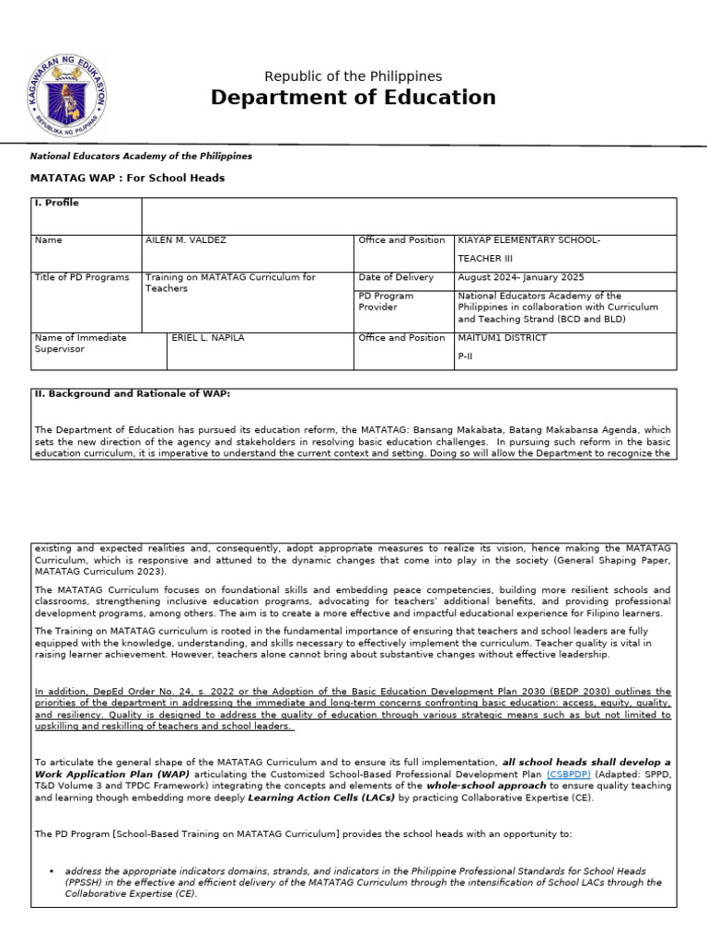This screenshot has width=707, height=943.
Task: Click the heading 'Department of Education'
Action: (x=353, y=98)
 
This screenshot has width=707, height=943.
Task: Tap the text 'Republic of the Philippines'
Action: (x=353, y=76)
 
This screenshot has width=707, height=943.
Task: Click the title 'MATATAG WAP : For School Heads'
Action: (x=127, y=178)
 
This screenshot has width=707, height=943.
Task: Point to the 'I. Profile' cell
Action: (x=56, y=204)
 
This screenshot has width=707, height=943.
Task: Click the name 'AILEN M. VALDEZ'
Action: (x=185, y=240)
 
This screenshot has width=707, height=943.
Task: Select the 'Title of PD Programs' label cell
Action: (x=82, y=278)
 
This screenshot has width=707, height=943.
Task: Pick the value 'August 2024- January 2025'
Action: (x=520, y=278)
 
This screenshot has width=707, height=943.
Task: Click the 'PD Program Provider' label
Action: (x=386, y=301)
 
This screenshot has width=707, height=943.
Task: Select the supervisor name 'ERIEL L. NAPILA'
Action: (x=209, y=338)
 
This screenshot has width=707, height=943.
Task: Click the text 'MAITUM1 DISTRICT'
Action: (x=502, y=338)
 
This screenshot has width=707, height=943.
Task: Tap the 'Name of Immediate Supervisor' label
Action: (x=80, y=343)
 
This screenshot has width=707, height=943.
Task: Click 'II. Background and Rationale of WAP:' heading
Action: (x=133, y=393)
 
